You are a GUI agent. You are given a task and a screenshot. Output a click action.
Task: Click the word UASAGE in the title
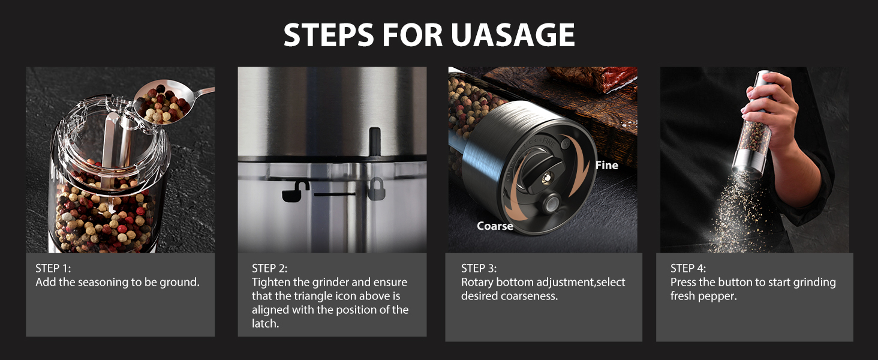pyautogui.click(x=512, y=35)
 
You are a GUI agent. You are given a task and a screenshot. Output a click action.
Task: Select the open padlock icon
pyautogui.click(x=295, y=190)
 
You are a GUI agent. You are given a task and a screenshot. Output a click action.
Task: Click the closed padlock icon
pyautogui.click(x=376, y=189)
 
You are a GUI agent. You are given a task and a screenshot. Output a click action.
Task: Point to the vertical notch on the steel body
pyautogui.click(x=375, y=140)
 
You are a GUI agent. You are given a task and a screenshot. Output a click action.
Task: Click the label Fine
pyautogui.click(x=606, y=165)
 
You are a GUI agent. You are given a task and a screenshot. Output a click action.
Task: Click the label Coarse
pyautogui.click(x=495, y=226)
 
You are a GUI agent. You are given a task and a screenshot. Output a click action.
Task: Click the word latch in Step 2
pyautogui.click(x=264, y=323)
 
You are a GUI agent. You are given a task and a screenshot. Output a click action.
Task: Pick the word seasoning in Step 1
pyautogui.click(x=100, y=282)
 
